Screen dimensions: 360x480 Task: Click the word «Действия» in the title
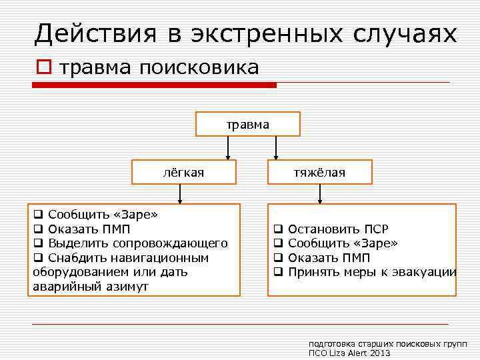(x=94, y=33)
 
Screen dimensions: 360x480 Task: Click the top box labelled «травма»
(x=247, y=124)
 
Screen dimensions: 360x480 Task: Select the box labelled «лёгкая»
(x=183, y=173)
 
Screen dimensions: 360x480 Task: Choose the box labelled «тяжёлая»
(x=320, y=173)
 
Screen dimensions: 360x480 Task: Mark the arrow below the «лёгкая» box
(x=179, y=194)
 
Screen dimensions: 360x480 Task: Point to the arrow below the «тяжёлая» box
(x=321, y=194)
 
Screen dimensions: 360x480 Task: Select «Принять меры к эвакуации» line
(x=372, y=272)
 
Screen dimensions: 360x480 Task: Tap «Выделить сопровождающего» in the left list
(x=138, y=243)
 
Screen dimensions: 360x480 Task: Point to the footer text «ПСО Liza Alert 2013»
(x=349, y=353)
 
